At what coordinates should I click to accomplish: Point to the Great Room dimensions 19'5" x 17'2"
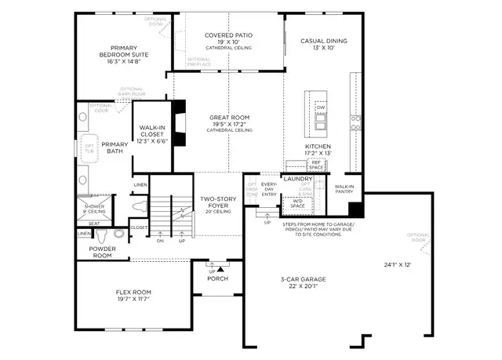click(228, 124)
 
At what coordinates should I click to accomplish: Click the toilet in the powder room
click(119, 233)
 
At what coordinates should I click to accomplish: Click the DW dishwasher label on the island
click(320, 107)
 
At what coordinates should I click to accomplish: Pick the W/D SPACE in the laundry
click(300, 203)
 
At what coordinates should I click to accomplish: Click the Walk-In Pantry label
click(344, 188)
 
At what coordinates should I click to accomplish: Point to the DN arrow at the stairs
click(161, 240)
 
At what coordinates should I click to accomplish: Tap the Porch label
click(217, 278)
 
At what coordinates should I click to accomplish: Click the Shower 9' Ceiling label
click(93, 208)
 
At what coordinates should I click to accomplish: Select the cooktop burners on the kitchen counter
click(357, 122)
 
